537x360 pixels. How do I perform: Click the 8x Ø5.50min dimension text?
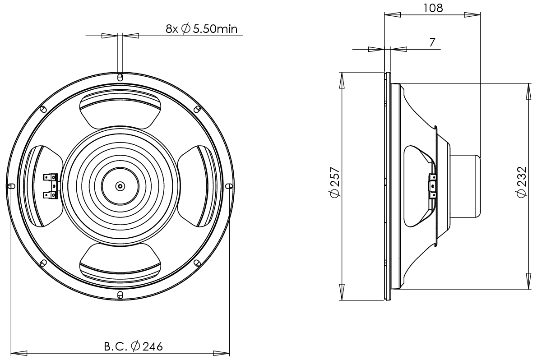[201, 29]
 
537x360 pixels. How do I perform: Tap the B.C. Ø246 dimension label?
[133, 346]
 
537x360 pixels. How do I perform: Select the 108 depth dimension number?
[433, 8]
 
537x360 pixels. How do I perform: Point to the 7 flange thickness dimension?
[432, 42]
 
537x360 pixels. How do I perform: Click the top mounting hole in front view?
[120, 77]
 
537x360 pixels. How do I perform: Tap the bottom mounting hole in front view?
[120, 295]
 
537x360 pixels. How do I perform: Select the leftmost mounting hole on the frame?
[11, 186]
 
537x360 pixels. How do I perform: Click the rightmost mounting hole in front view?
[228, 186]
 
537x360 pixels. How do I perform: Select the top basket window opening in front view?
[120, 108]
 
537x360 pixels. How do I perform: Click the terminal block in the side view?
[432, 186]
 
